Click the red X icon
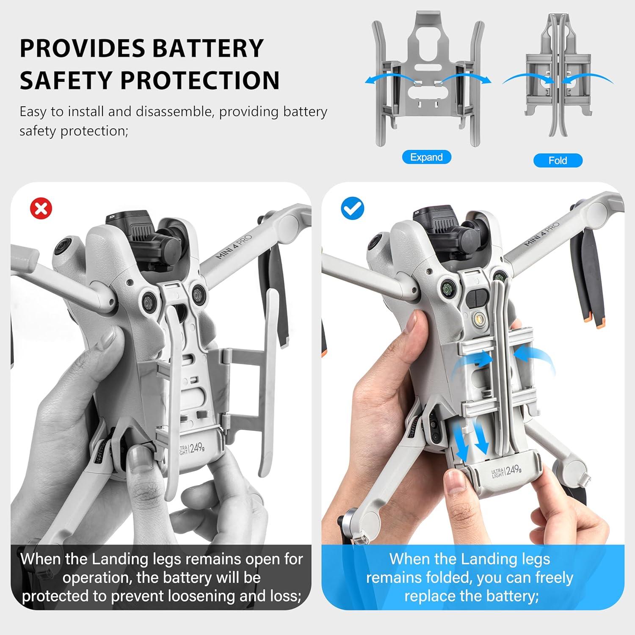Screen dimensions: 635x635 [x=41, y=209]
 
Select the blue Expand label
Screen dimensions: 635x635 [x=426, y=157]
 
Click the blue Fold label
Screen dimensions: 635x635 [x=558, y=160]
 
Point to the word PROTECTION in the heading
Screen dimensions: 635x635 [x=200, y=80]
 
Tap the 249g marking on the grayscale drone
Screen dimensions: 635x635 [x=197, y=448]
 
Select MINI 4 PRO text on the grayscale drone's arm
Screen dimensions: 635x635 [x=234, y=247]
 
